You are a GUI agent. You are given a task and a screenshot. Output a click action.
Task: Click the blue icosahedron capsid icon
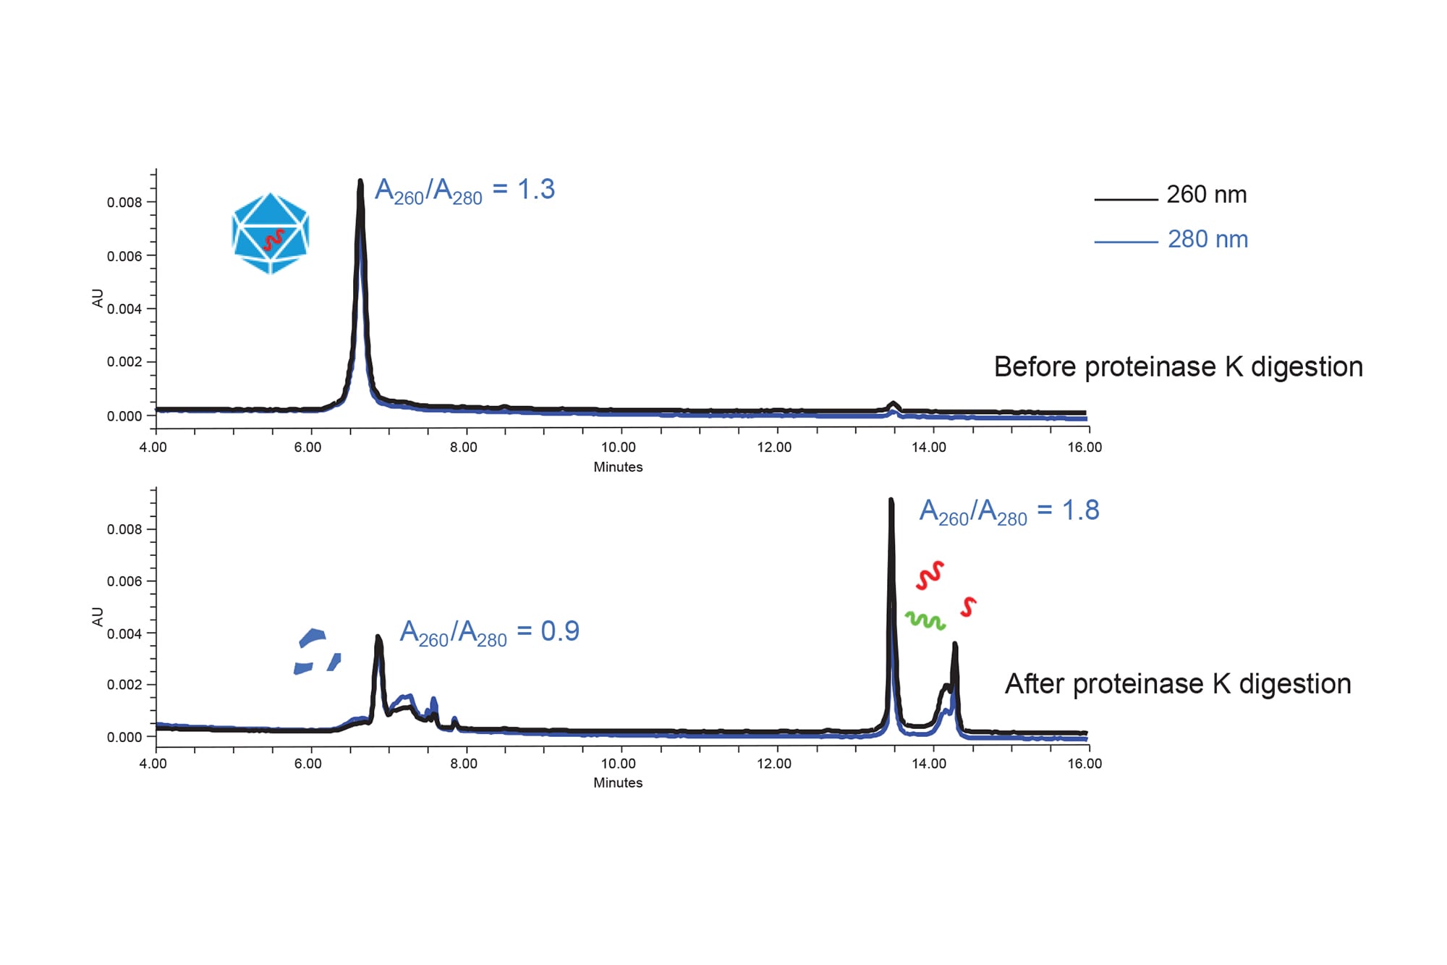271,233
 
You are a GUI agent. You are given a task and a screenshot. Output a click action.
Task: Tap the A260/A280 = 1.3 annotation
464,191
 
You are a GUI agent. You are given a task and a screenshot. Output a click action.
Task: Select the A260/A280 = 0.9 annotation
489,633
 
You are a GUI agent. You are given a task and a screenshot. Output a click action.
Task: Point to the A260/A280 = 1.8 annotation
1009,512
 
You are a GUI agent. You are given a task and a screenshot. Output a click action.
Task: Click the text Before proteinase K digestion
1178,367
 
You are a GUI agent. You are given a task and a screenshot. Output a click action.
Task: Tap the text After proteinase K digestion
1177,684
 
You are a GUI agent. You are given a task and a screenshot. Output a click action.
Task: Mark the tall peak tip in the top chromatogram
360,182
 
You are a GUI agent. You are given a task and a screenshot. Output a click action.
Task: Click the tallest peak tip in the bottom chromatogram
891,501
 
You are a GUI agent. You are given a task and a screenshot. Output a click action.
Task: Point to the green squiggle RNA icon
925,620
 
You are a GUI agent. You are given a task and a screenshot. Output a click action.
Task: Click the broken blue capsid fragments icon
316,652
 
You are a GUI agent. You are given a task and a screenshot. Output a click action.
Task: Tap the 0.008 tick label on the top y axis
124,203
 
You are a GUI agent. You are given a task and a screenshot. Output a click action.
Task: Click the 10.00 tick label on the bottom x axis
618,764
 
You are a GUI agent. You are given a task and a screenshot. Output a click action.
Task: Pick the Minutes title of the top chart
618,467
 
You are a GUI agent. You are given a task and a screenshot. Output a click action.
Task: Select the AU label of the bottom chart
98,617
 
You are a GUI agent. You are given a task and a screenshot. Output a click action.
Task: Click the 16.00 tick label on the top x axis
1084,447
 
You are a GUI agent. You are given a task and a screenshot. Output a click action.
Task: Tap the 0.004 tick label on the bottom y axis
124,634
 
